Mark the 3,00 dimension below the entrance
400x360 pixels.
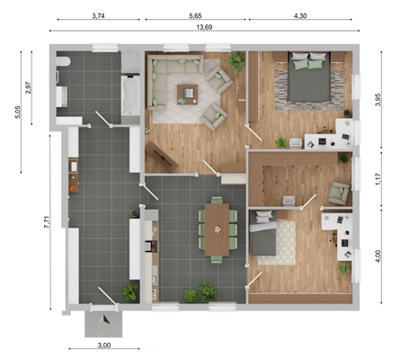(103, 345)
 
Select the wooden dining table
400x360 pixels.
(218, 229)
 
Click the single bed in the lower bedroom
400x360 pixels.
(265, 237)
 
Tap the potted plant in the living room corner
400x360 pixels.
(236, 62)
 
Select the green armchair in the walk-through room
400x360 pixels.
(339, 192)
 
